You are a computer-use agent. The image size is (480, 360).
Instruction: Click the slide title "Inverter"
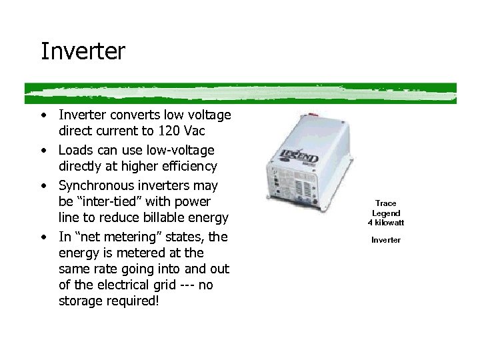pos(83,51)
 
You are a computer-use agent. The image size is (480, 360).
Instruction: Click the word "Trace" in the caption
pos(385,203)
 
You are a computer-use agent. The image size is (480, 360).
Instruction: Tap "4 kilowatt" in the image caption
pos(385,222)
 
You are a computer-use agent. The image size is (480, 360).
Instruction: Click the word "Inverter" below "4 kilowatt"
pos(385,240)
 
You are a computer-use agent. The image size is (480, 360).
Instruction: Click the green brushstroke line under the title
pos(240,93)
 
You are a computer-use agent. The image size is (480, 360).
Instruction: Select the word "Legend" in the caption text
pos(385,213)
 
